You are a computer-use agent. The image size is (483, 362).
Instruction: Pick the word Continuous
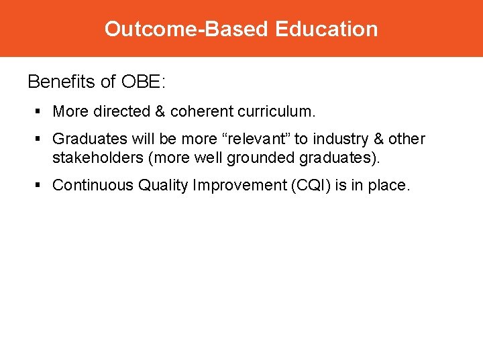(93, 186)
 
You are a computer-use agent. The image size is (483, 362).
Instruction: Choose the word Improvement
(235, 186)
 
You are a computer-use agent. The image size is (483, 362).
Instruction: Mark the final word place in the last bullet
(389, 186)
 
